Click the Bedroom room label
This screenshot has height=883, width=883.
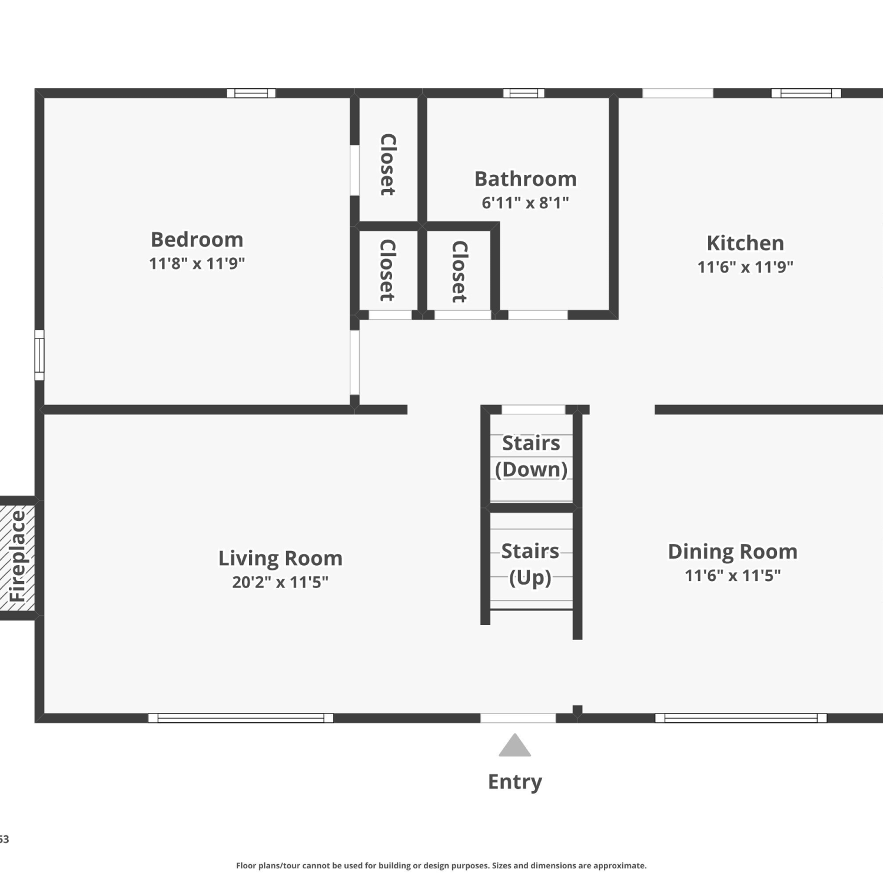(197, 240)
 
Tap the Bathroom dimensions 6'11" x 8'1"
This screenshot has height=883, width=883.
(525, 203)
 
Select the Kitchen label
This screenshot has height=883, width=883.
(745, 243)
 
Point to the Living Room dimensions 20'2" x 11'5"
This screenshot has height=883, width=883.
(280, 582)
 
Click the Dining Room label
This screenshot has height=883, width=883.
(733, 552)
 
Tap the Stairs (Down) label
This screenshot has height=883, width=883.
(531, 456)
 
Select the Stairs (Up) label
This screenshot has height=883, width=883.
(530, 565)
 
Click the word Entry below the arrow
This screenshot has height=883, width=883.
(515, 782)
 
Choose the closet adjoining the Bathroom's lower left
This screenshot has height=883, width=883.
(459, 271)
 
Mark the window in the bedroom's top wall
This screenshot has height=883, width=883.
(251, 93)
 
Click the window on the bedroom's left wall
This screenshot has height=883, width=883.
(39, 355)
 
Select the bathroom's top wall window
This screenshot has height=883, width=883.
(524, 93)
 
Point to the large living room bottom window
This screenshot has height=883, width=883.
(241, 718)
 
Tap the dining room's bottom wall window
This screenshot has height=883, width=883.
(741, 718)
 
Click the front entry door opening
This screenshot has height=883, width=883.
(518, 718)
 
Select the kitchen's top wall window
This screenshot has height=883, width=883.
(806, 93)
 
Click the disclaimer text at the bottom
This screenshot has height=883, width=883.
(441, 865)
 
